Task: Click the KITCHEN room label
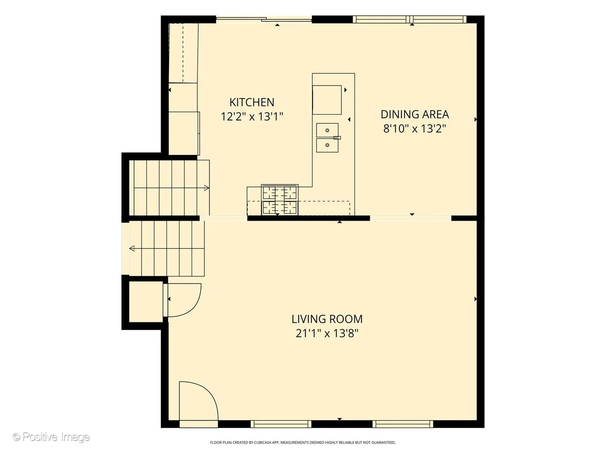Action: coord(252,102)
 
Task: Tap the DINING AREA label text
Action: coord(415,114)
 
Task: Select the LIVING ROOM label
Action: coord(327,319)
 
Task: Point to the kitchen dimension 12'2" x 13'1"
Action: coord(252,117)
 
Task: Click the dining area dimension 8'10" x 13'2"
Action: coord(415,129)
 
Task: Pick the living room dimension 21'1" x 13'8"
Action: coord(327,333)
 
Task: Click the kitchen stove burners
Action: coord(280,200)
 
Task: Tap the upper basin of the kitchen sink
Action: coord(327,130)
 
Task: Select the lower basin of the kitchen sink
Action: coord(327,145)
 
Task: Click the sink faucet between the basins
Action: coord(337,138)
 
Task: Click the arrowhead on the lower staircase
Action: coord(132,249)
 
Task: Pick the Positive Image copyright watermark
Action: coord(51,437)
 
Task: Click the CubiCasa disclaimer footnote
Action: coord(303,442)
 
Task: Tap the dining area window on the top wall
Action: coord(410,19)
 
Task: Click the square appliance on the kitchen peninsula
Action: coord(327,100)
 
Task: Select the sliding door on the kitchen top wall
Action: coord(264,19)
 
